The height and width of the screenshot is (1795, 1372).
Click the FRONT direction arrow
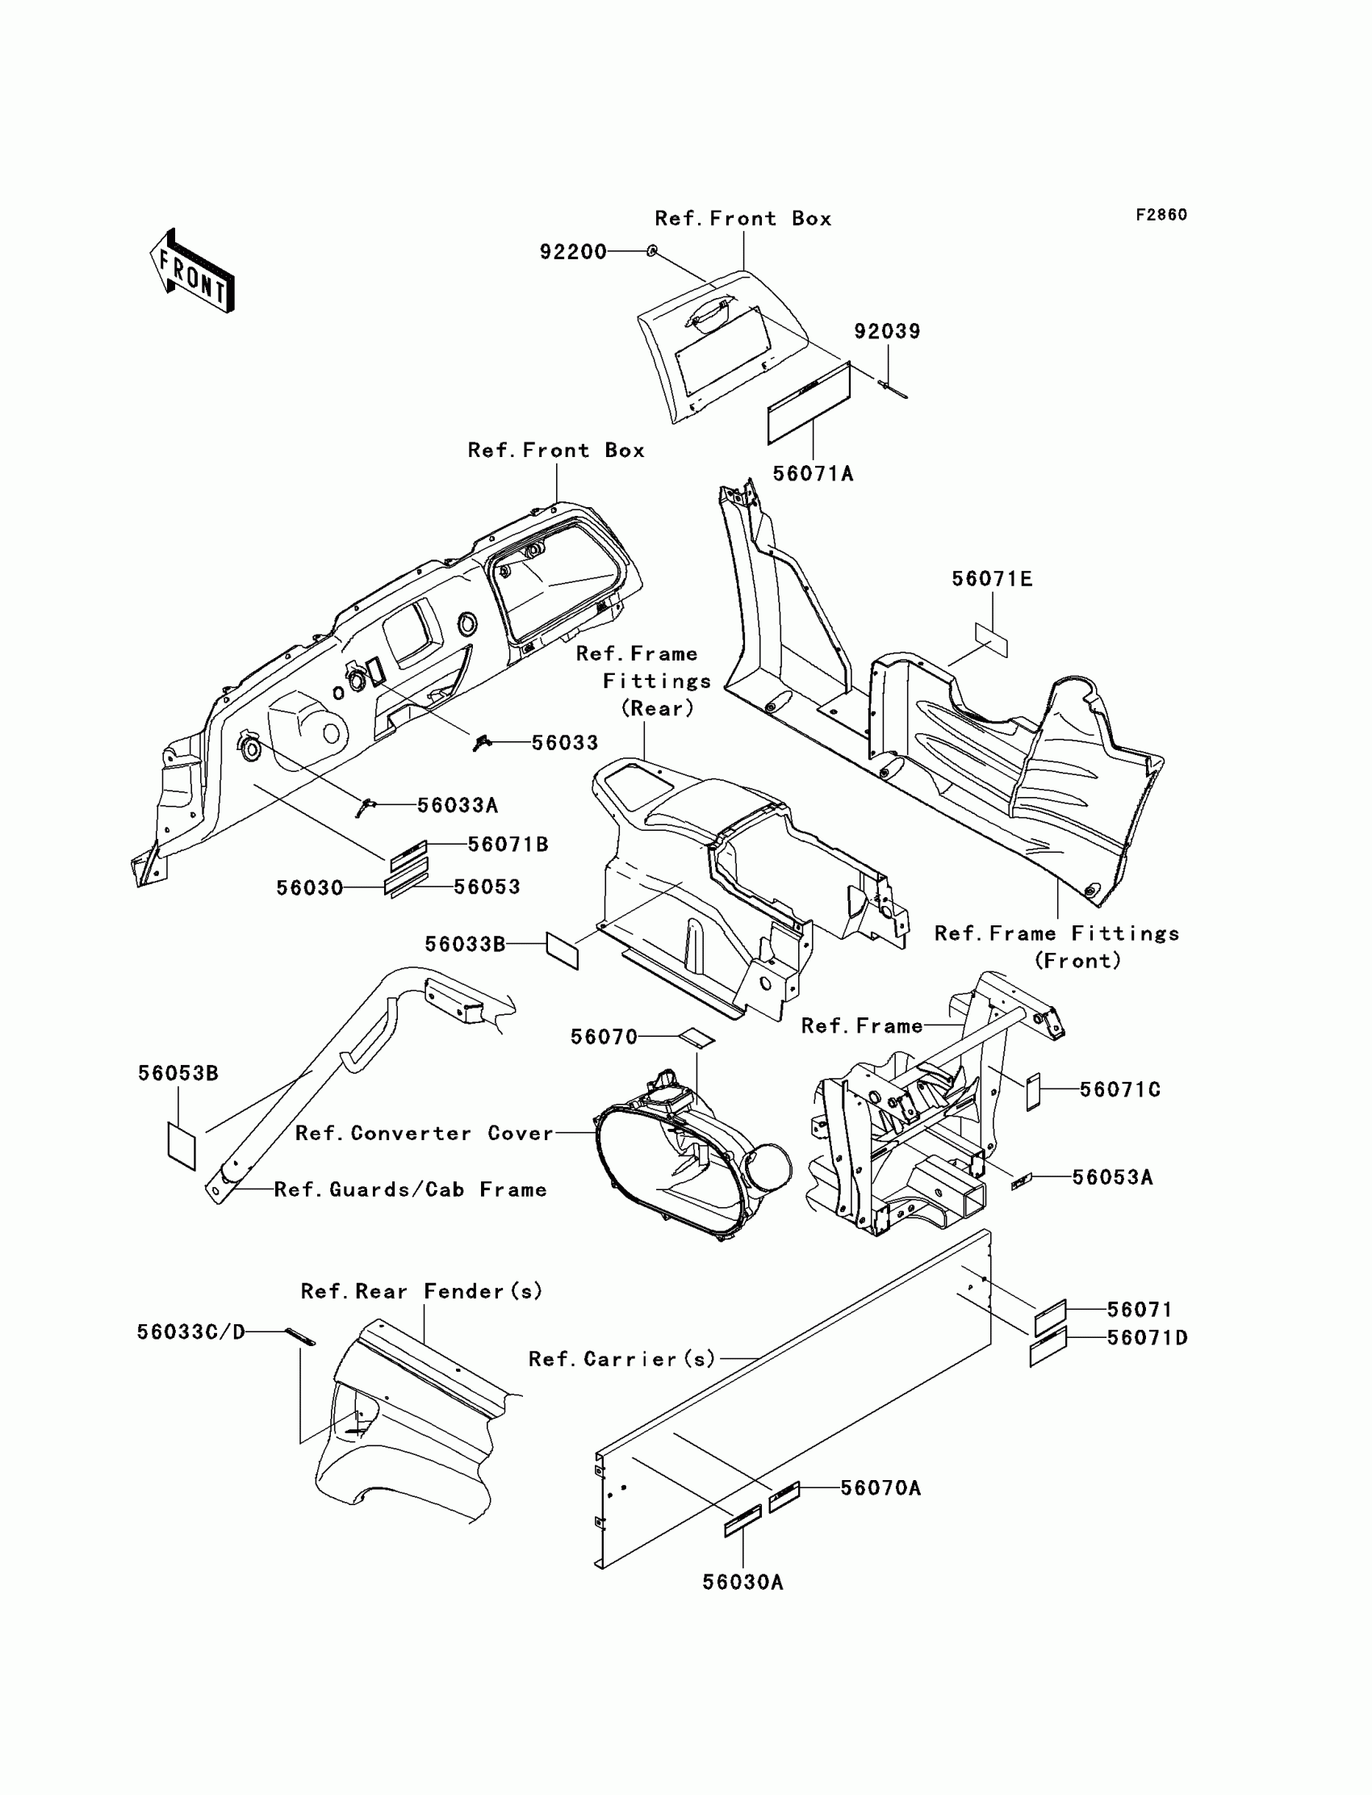coord(192,271)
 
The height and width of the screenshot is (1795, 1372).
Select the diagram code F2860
coord(1161,215)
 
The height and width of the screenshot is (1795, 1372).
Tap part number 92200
coord(572,252)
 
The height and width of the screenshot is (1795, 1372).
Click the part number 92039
coord(887,331)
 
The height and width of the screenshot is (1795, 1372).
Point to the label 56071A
coord(813,474)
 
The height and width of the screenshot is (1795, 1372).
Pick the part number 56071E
coord(991,579)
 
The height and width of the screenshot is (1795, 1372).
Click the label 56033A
coord(458,806)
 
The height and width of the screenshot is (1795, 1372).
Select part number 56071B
coord(507,844)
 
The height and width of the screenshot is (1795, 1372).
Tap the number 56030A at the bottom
coord(742,1583)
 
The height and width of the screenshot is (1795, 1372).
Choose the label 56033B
coord(465,945)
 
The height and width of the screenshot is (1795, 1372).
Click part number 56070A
coord(881,1489)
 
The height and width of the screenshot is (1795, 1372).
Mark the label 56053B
coord(178,1074)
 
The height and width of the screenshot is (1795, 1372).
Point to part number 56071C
coord(1119,1090)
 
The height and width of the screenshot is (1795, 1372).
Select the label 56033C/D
coord(191,1332)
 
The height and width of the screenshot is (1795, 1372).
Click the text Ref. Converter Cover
coord(424,1133)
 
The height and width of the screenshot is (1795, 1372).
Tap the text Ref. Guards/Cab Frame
coord(410,1189)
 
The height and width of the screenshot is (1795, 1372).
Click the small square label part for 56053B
coord(182,1146)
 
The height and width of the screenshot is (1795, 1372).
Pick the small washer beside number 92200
coord(652,251)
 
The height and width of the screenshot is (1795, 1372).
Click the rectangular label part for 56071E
coord(991,640)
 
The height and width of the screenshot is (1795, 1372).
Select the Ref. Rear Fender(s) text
coord(421,1292)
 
